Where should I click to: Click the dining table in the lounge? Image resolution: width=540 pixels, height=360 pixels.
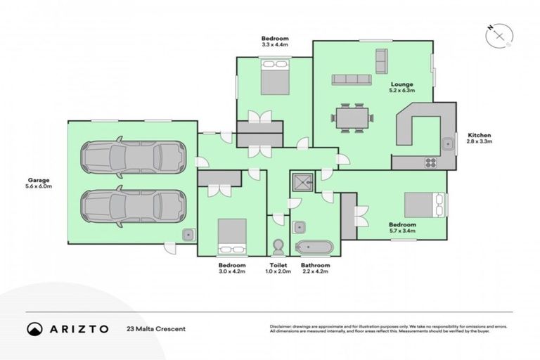coord(349,117)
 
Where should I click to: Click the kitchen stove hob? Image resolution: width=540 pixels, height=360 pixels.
coord(430,162)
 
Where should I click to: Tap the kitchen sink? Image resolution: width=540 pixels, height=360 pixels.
coord(447,145)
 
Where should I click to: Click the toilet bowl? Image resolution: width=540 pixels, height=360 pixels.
coord(277,247)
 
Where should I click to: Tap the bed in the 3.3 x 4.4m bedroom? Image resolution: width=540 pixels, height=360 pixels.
coord(274,77)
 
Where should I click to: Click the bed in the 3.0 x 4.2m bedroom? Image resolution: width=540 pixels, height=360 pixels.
coord(231,236)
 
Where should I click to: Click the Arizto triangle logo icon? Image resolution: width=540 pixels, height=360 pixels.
coord(34,328)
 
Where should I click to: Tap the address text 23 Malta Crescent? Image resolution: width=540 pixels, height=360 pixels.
coord(155,329)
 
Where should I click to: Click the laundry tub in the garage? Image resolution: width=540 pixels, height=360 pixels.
coord(188,235)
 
